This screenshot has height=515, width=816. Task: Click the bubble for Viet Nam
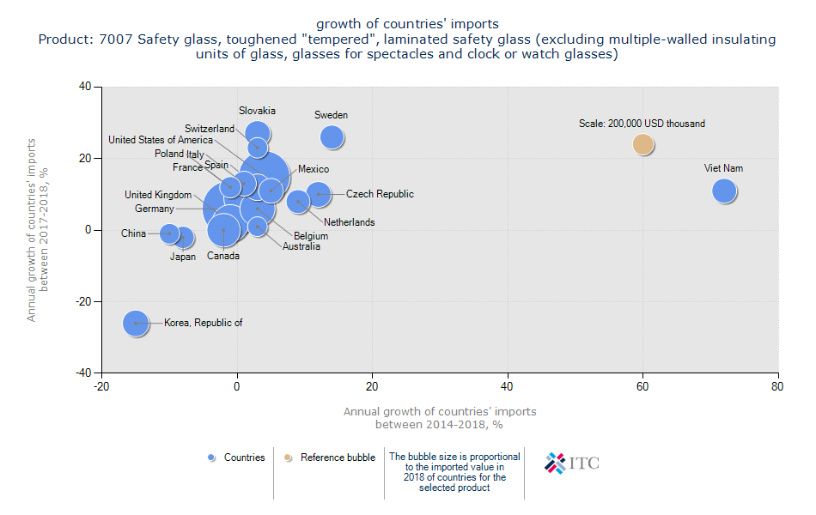coord(724,191)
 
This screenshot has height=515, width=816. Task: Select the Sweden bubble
coord(332,136)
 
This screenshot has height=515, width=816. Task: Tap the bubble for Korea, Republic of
coord(136,324)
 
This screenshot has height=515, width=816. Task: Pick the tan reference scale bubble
coord(643,144)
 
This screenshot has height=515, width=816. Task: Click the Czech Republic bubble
coord(319,195)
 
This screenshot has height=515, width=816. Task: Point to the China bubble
coord(169,233)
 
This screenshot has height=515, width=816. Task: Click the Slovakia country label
coord(257,111)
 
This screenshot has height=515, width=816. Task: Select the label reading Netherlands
coord(349,222)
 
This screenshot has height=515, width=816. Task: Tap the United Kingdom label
coord(158,195)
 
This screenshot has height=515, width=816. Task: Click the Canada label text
coord(222,256)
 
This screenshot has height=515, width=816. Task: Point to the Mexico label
coord(313,169)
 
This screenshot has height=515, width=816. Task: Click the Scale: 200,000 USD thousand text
coord(642,124)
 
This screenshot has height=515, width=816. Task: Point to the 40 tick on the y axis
coord(86,86)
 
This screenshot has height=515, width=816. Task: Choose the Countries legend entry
coord(236,457)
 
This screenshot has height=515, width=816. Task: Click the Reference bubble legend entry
coord(331,457)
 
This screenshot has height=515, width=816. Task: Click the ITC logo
coord(572,463)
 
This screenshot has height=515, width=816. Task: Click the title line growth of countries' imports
coord(407,23)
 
